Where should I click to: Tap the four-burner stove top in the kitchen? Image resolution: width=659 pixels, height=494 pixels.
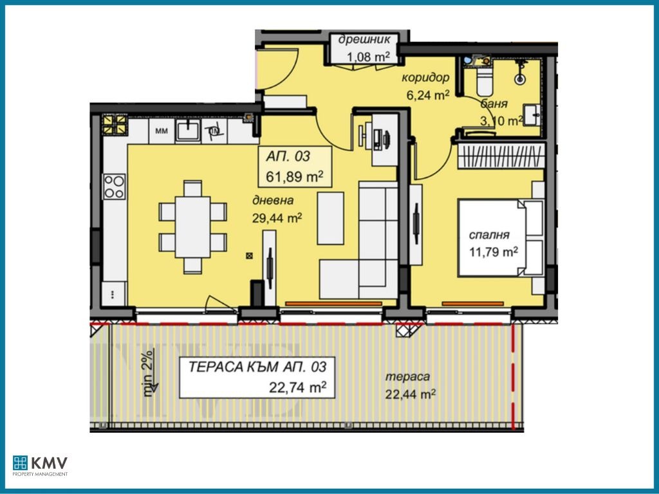pyautogui.click(x=115, y=187)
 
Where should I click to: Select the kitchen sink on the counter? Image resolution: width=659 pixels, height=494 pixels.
pyautogui.click(x=188, y=130)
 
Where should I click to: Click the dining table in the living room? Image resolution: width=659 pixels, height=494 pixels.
pyautogui.click(x=192, y=227)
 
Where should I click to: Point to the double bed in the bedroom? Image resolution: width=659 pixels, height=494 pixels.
pyautogui.click(x=492, y=238)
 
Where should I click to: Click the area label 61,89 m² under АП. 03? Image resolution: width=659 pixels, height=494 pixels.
pyautogui.click(x=295, y=176)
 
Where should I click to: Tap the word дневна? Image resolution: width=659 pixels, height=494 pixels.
pyautogui.click(x=273, y=201)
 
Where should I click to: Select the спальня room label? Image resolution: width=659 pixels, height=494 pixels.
pyautogui.click(x=489, y=235)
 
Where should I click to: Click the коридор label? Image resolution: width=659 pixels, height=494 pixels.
pyautogui.click(x=425, y=78)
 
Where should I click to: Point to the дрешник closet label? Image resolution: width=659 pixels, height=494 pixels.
pyautogui.click(x=364, y=40)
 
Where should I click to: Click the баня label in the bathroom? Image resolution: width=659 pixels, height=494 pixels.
pyautogui.click(x=494, y=104)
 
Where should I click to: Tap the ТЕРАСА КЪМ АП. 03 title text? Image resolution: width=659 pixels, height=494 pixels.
pyautogui.click(x=257, y=367)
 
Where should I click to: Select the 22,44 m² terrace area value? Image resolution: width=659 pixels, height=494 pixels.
pyautogui.click(x=410, y=394)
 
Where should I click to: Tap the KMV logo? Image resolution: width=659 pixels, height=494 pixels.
pyautogui.click(x=40, y=466)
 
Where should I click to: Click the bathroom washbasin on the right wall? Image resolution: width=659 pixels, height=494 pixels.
pyautogui.click(x=532, y=114)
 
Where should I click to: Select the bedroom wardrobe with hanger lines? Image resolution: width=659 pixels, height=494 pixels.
pyautogui.click(x=501, y=156)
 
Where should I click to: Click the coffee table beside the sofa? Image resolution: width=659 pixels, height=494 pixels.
pyautogui.click(x=330, y=218)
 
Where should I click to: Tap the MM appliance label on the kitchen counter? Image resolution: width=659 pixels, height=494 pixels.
pyautogui.click(x=162, y=131)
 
